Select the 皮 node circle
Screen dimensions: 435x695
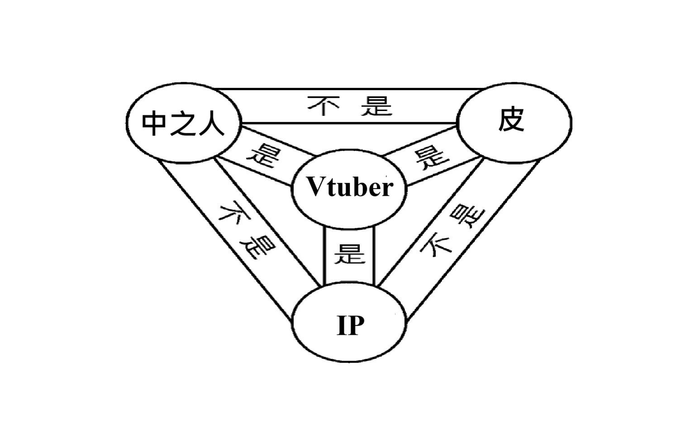[514, 121]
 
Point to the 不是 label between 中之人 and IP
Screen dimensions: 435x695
[247, 230]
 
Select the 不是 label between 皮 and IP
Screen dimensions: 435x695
[452, 230]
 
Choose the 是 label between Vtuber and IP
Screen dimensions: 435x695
[349, 254]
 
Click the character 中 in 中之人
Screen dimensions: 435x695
[155, 123]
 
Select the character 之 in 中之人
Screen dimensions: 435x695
[183, 123]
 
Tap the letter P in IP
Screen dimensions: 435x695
[356, 325]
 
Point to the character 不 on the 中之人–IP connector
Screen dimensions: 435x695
[232, 212]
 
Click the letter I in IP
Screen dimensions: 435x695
[342, 325]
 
